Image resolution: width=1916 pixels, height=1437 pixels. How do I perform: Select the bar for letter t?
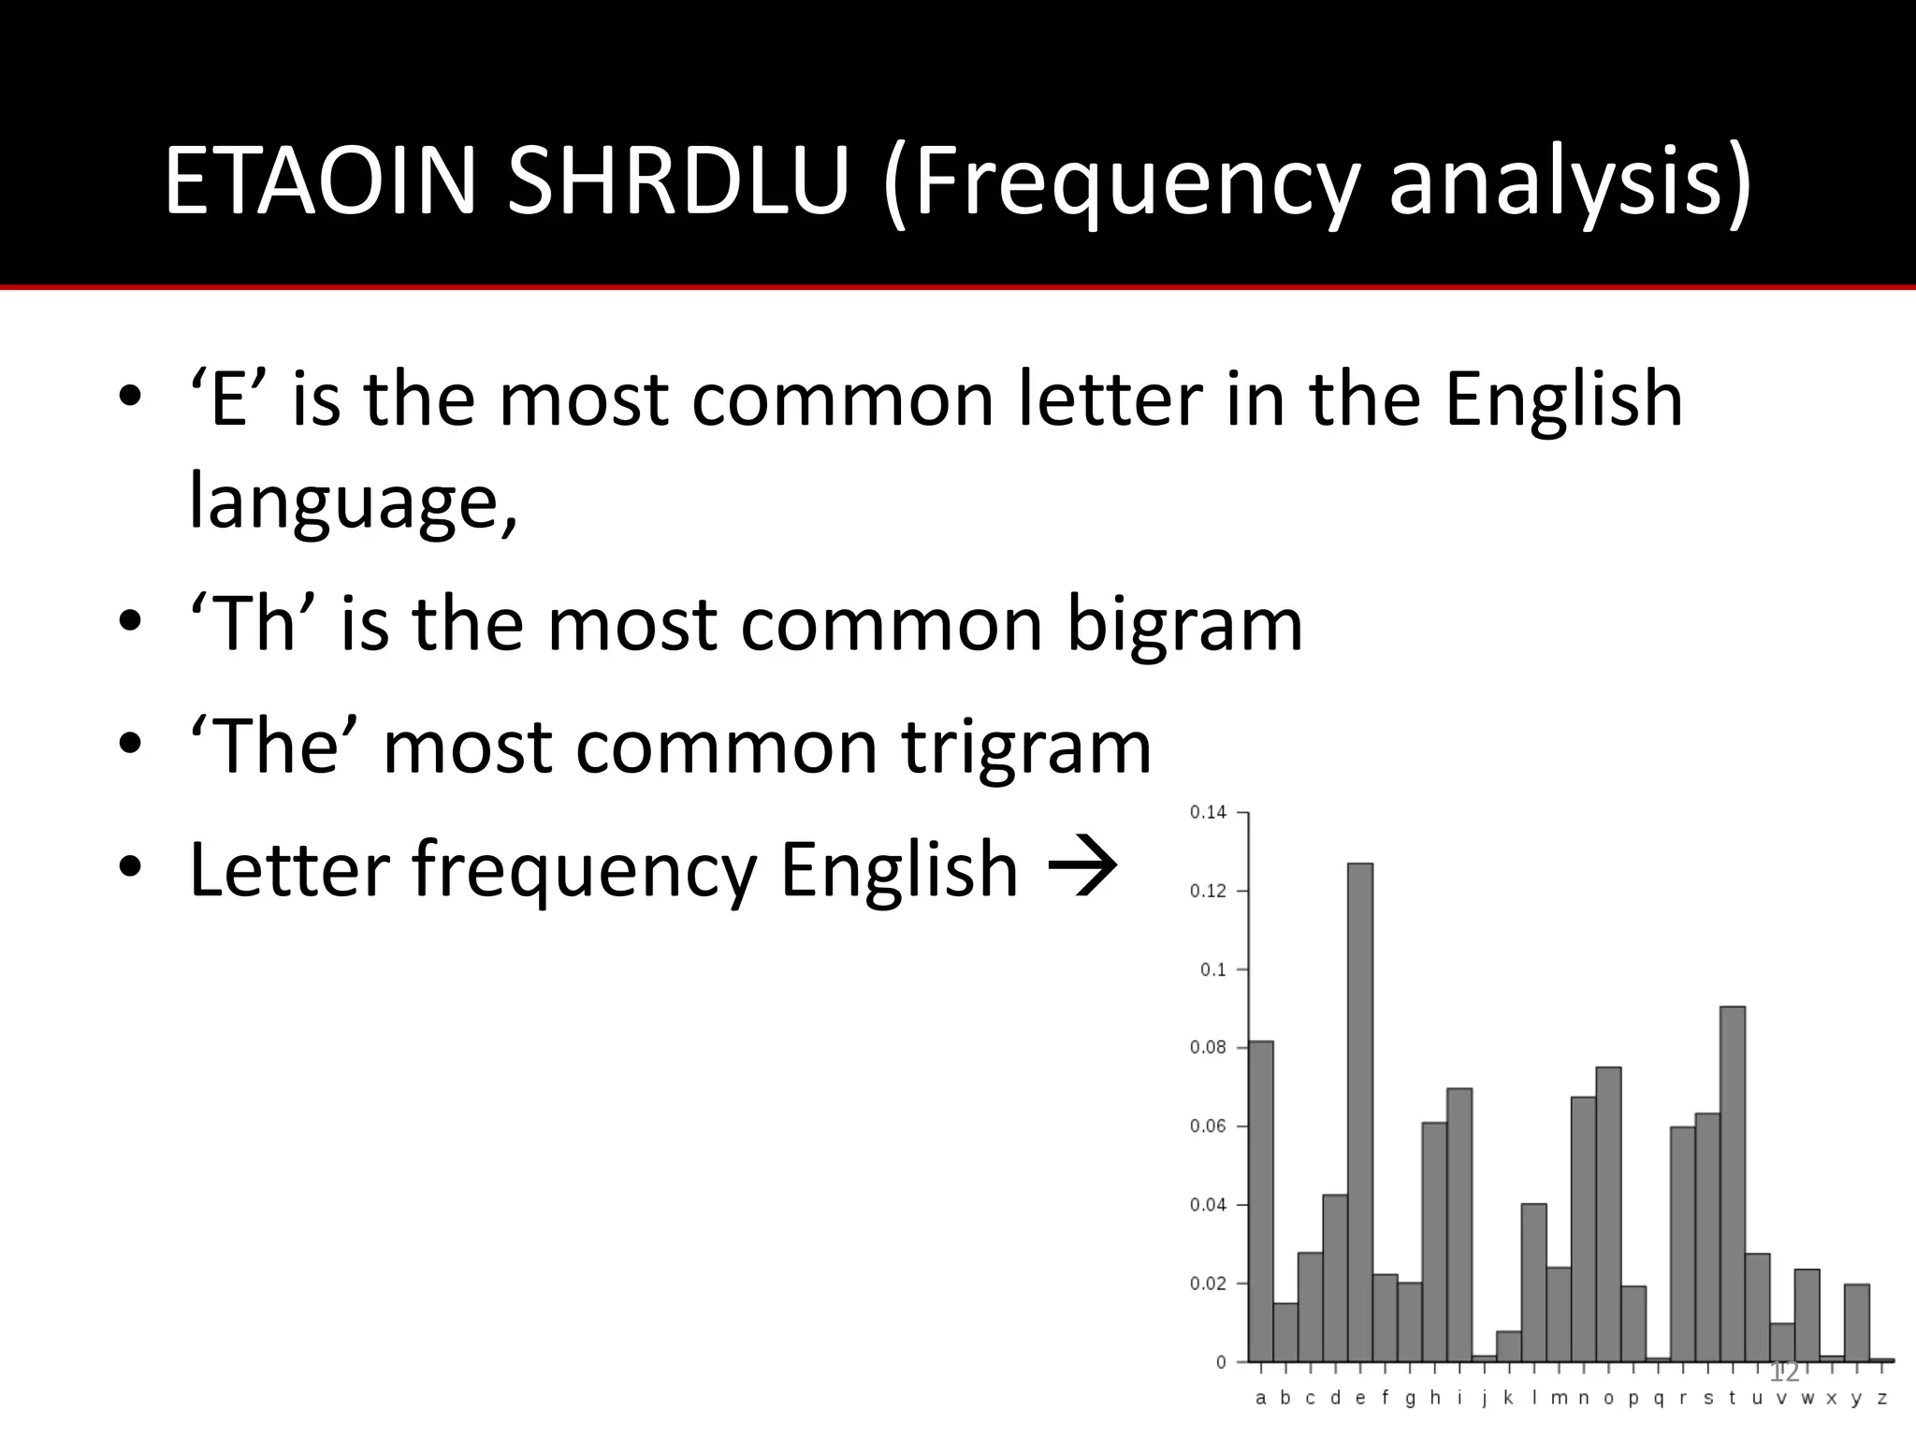(x=1732, y=1183)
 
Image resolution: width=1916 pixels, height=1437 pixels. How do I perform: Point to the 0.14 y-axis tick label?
(x=1208, y=812)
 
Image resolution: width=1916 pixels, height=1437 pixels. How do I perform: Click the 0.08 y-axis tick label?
(x=1208, y=1048)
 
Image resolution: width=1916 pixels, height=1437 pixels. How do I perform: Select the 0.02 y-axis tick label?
(x=1208, y=1284)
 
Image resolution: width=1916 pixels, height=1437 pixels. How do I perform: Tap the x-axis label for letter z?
(x=1881, y=1400)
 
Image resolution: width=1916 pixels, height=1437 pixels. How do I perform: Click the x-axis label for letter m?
(x=1559, y=1400)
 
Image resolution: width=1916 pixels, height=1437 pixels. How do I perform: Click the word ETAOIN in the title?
(x=321, y=181)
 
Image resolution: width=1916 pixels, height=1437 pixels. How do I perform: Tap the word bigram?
(x=1184, y=625)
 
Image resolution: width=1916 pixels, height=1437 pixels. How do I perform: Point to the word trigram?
(x=1025, y=748)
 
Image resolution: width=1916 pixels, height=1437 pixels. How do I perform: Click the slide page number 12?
(x=1784, y=1372)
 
